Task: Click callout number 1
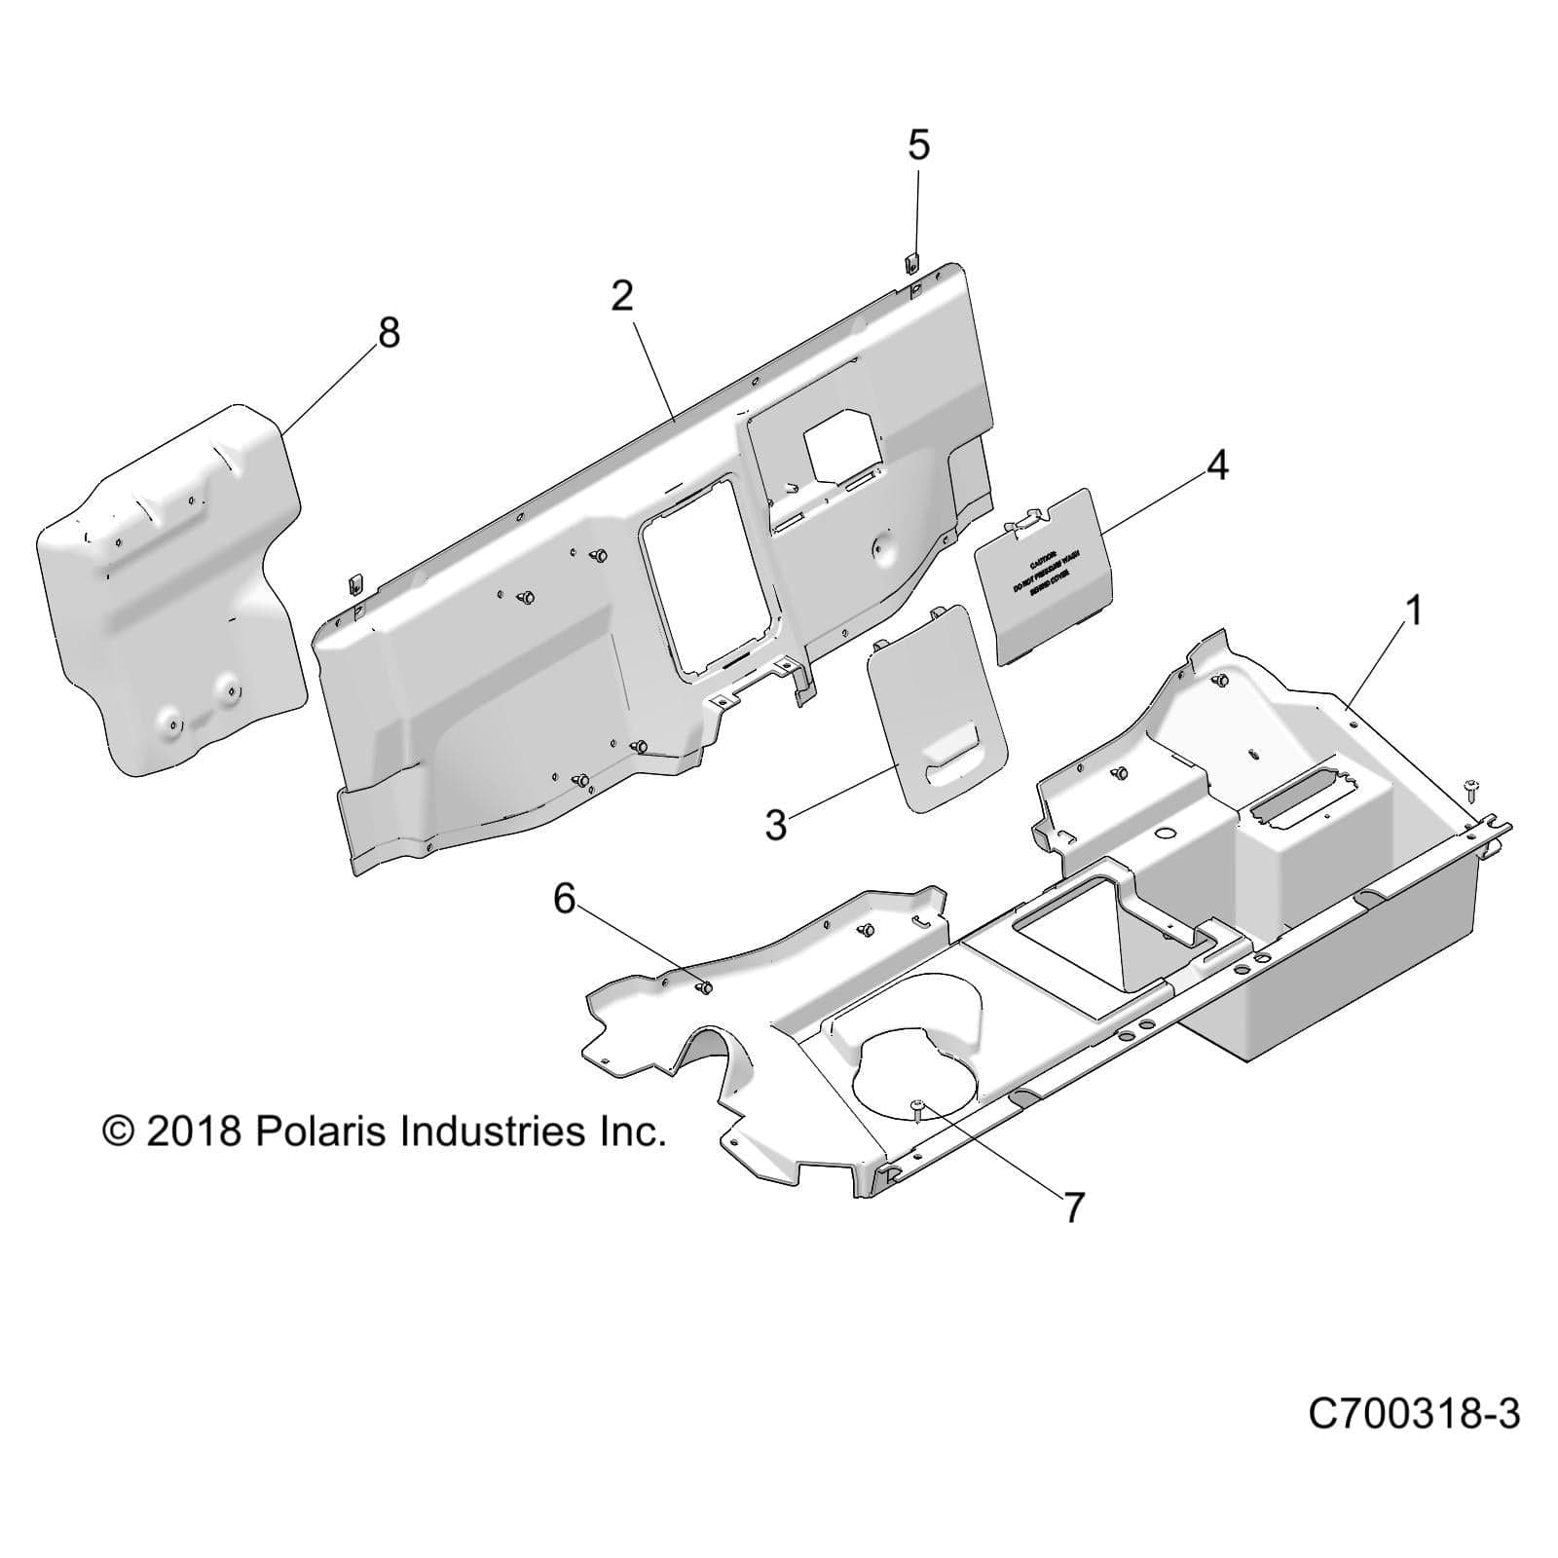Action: click(x=1414, y=612)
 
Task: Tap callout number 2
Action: click(x=622, y=296)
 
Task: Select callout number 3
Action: click(x=775, y=825)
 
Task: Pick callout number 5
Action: click(x=918, y=145)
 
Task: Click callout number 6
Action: click(x=564, y=899)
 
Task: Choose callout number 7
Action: click(x=1073, y=1207)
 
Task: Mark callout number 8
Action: click(x=389, y=333)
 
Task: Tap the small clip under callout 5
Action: click(x=912, y=290)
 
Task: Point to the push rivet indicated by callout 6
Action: click(x=704, y=987)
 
